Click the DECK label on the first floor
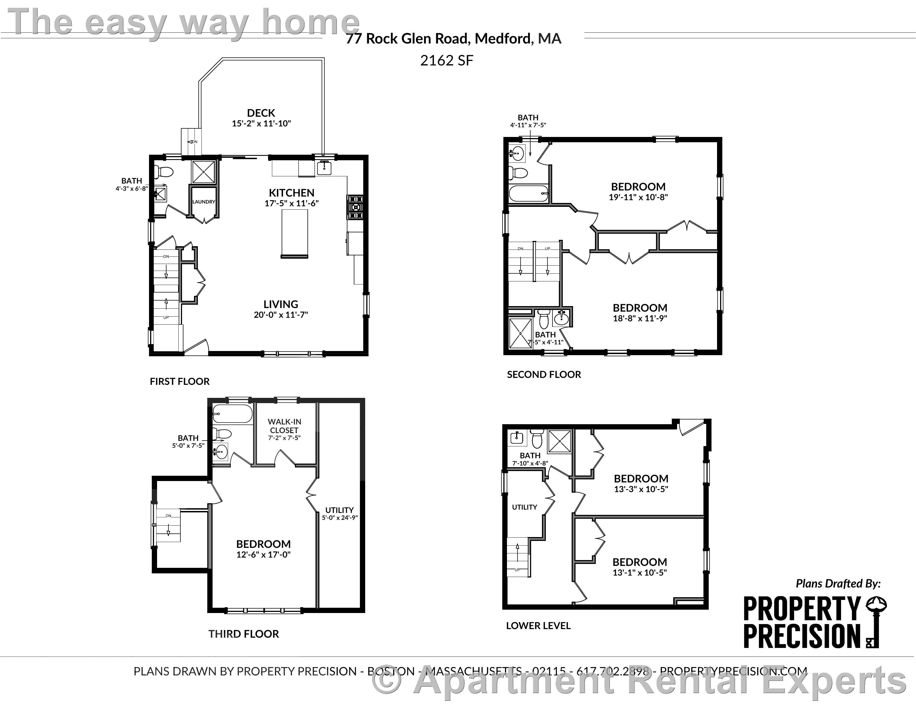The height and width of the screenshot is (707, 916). point(261,113)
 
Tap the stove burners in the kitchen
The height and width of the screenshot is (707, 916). point(354,207)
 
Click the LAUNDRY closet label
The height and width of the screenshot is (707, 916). point(203,202)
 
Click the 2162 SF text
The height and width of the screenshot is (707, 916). point(447,61)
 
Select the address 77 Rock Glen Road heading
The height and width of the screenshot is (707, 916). point(453,39)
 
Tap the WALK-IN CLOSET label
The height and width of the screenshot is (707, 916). point(284,426)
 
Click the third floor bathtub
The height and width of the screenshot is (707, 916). point(232,414)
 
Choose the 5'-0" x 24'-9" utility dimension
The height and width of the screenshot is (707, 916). point(340,518)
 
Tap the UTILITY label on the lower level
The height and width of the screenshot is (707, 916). point(524,507)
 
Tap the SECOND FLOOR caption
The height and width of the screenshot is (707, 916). point(544,375)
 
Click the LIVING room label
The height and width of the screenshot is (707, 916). point(281,304)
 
